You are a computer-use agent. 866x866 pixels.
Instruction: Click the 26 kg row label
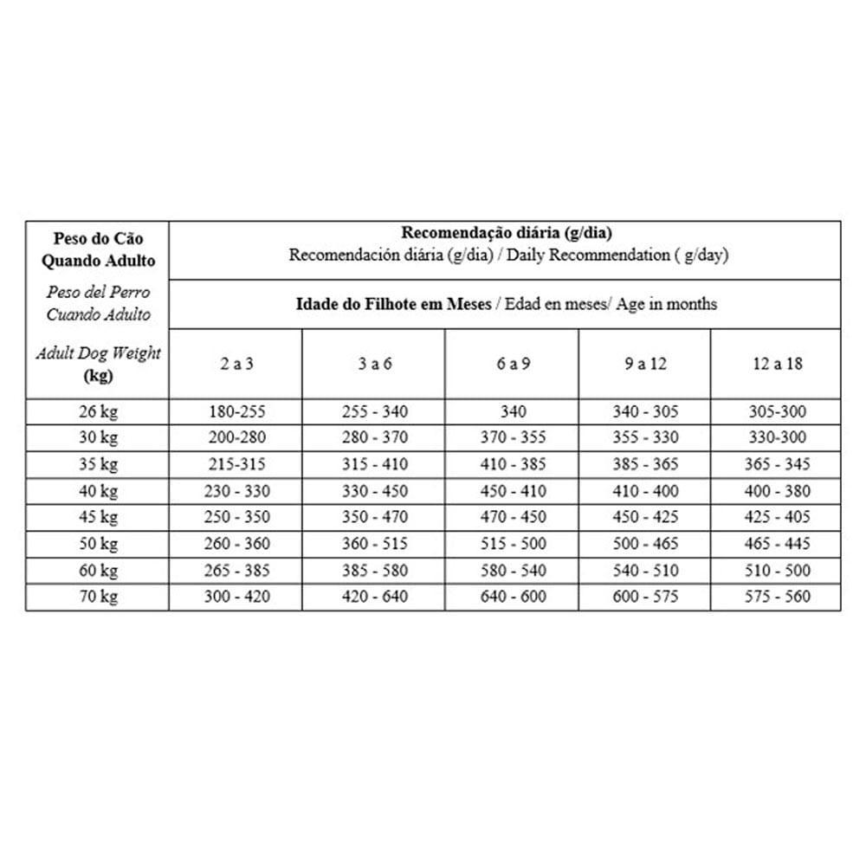[x=98, y=411]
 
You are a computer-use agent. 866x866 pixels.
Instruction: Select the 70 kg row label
[x=98, y=597]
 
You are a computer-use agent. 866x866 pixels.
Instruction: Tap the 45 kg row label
[x=98, y=517]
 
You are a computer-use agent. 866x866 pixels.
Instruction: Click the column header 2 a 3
[x=236, y=364]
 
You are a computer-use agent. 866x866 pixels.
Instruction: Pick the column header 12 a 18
[x=777, y=364]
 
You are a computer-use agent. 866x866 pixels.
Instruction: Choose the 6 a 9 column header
[x=513, y=364]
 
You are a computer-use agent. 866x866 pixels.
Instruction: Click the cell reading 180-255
[x=236, y=411]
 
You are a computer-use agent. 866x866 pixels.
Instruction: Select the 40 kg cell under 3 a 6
[x=375, y=491]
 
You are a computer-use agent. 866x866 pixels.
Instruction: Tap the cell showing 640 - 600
[x=513, y=597]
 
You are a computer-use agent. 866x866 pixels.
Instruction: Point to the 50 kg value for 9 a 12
[x=645, y=544]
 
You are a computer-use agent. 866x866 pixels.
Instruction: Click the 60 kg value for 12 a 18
[x=777, y=571]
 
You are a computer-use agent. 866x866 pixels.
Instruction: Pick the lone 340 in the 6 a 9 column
[x=513, y=411]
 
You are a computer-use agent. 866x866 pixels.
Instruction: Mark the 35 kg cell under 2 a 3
[x=236, y=464]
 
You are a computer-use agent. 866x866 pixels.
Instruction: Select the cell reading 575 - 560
[x=777, y=597]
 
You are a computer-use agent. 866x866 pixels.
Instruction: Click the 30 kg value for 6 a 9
[x=513, y=438]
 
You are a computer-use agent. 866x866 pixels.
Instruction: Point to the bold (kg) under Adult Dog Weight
[x=98, y=377]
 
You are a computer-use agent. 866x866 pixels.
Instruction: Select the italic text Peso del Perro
[x=98, y=293]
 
